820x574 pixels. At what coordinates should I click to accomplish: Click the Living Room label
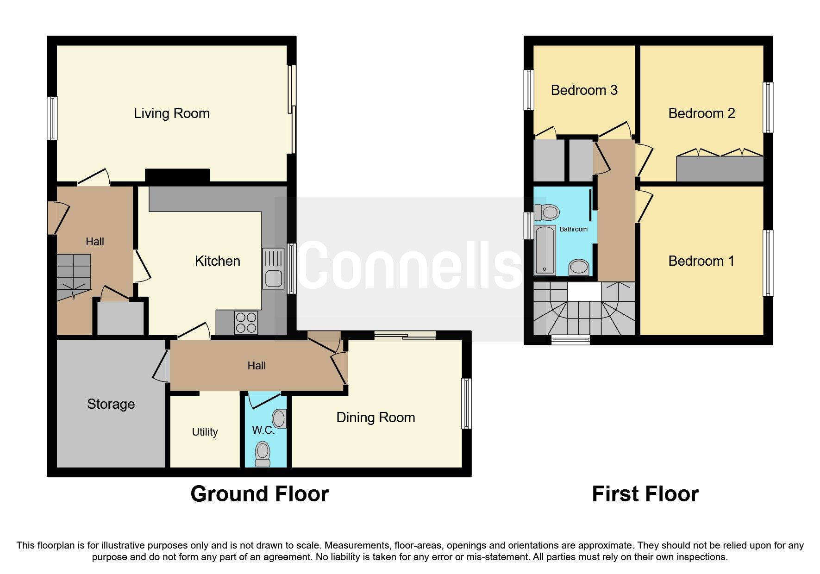tap(171, 113)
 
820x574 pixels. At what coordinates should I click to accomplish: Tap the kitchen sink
tap(273, 268)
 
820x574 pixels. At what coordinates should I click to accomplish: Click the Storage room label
tap(111, 404)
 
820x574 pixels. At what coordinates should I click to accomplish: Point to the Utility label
tap(205, 432)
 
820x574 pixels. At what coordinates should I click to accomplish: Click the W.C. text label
tap(263, 430)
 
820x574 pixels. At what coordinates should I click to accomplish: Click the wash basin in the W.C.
tap(279, 418)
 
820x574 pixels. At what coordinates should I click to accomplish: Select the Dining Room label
tap(375, 418)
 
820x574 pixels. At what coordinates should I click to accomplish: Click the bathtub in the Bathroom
tap(545, 250)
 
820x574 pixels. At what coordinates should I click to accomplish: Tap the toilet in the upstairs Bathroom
tap(546, 212)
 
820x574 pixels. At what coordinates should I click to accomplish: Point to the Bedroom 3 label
tap(584, 90)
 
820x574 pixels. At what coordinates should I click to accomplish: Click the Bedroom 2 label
tap(701, 113)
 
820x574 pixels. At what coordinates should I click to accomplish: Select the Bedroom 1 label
tap(701, 261)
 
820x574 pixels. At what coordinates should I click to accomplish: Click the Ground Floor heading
tap(259, 494)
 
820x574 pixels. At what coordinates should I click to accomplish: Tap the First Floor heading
tap(645, 494)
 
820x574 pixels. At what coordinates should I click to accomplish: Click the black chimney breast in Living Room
tap(177, 176)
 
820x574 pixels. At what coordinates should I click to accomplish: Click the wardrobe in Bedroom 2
tap(720, 169)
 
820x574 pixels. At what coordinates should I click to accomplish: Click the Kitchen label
tap(217, 261)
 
